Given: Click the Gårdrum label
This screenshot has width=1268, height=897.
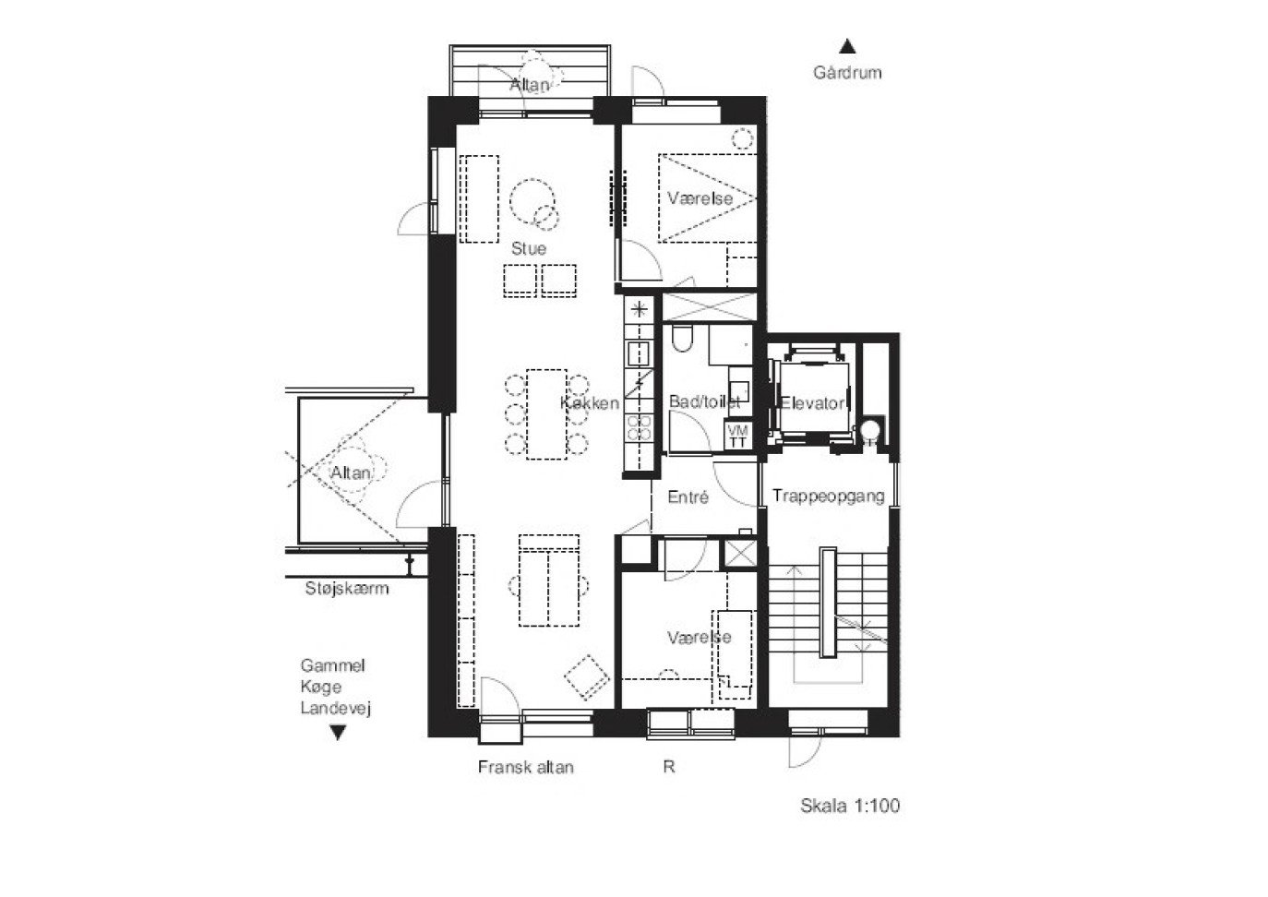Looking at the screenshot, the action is coord(847,72).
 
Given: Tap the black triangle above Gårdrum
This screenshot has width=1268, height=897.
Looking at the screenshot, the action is coord(847,46).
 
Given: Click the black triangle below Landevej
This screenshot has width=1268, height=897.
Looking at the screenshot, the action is coord(338,733).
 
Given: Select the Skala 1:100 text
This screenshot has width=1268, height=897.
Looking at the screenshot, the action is coord(850,806).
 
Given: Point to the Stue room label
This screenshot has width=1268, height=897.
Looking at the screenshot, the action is coord(529,248).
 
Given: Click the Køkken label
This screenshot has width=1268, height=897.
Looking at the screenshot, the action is coord(590,403).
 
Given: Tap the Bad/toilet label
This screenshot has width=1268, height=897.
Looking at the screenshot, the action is coord(704,401).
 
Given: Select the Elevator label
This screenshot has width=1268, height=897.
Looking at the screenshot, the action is coord(812,403).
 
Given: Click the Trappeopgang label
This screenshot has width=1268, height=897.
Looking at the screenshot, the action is coord(828,496).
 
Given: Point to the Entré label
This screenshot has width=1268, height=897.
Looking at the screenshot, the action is coord(688,496).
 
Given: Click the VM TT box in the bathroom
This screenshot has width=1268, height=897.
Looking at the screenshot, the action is coord(737,436).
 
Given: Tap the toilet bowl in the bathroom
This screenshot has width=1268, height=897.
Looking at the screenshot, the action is coord(682,339).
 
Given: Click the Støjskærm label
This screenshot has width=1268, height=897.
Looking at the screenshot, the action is coord(346,588).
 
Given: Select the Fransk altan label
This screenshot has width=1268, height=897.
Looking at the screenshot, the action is coord(526,767).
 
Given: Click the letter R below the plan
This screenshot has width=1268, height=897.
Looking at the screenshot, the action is coord(668,767).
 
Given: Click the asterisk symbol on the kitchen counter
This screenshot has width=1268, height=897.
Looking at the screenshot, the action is coord(639,309).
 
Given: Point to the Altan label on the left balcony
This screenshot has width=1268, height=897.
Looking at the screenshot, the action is coord(351,472).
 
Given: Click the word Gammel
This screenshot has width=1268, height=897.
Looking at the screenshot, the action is coord(333,665).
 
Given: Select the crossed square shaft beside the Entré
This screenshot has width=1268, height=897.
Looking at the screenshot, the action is coord(741,553).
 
